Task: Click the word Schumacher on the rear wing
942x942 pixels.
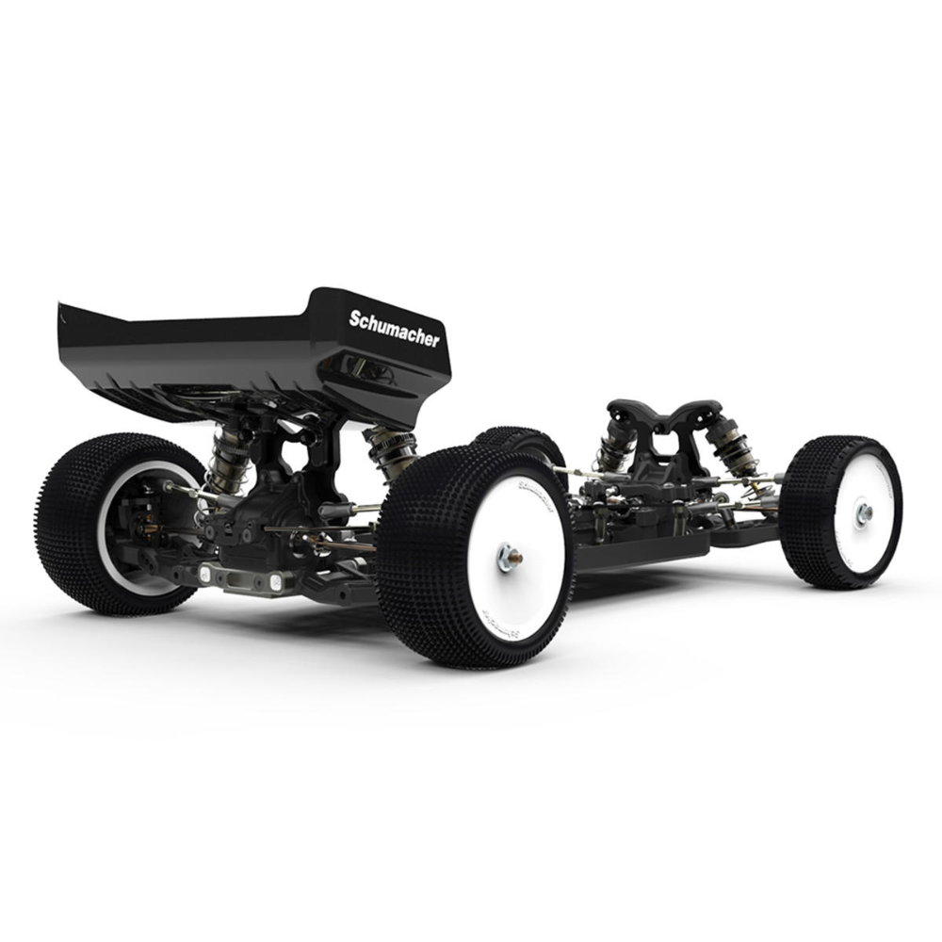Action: coord(394,329)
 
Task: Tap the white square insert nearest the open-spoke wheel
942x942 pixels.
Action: coord(205,571)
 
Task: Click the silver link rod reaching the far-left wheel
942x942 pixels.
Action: coord(184,490)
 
